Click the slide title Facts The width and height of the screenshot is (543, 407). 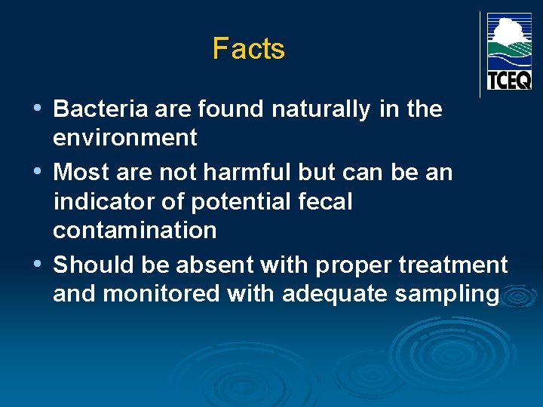pos(248,49)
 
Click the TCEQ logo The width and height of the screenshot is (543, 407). pos(509,51)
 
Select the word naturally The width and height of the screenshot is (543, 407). pos(321,110)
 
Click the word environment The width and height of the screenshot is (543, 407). pos(125,138)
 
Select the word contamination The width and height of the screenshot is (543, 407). pos(135,230)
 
